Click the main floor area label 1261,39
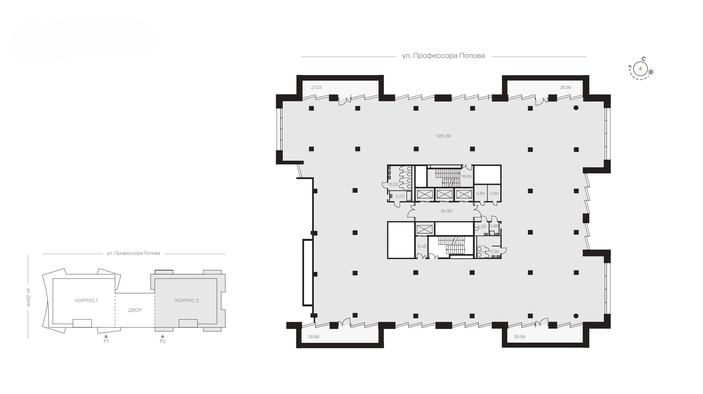[443, 136]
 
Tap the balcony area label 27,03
[316, 87]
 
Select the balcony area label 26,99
[565, 87]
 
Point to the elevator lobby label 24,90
[446, 211]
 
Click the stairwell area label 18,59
[466, 176]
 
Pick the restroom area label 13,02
[393, 184]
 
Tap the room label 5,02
[400, 196]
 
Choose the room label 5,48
[422, 246]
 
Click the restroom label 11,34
[494, 251]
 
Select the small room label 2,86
[494, 226]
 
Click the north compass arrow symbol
[640, 69]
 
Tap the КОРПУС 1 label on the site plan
[86, 300]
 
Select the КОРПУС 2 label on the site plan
[187, 300]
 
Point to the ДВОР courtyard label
[135, 310]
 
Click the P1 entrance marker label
[106, 341]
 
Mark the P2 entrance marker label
[163, 341]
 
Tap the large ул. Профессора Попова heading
[443, 56]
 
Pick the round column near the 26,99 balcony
[576, 108]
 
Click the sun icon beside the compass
[651, 72]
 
